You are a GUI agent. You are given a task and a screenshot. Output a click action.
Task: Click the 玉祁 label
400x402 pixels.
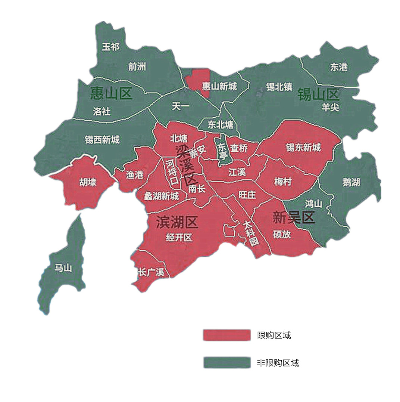[x=111, y=47]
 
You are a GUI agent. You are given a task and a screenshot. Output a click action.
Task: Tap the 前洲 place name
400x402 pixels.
[x=137, y=67]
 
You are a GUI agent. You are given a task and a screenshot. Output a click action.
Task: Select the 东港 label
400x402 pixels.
[x=338, y=67]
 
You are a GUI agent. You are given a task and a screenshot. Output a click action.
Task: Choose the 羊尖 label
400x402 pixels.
[x=330, y=107]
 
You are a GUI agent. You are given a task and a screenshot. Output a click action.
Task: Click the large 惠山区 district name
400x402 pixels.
[x=111, y=93]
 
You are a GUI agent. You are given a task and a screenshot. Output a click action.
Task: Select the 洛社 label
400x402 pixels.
[x=101, y=111]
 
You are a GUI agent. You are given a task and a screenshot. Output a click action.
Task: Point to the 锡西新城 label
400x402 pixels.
[x=102, y=140]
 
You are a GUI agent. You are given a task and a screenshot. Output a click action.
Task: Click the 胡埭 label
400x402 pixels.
[x=87, y=182]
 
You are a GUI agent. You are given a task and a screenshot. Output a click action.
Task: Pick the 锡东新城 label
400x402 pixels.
[x=303, y=148]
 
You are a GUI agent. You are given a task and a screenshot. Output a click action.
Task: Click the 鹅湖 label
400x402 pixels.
[x=351, y=182]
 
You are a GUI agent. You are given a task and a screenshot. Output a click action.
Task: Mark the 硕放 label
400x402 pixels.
[x=282, y=235]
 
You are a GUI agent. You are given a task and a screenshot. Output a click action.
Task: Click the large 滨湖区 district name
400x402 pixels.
[x=177, y=223]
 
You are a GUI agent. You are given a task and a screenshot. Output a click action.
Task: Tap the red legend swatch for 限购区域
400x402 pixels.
[x=226, y=335]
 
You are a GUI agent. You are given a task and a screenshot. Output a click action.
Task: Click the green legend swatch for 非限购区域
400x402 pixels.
[x=226, y=362]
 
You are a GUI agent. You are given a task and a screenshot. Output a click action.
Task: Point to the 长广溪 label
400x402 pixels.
[x=150, y=272]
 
